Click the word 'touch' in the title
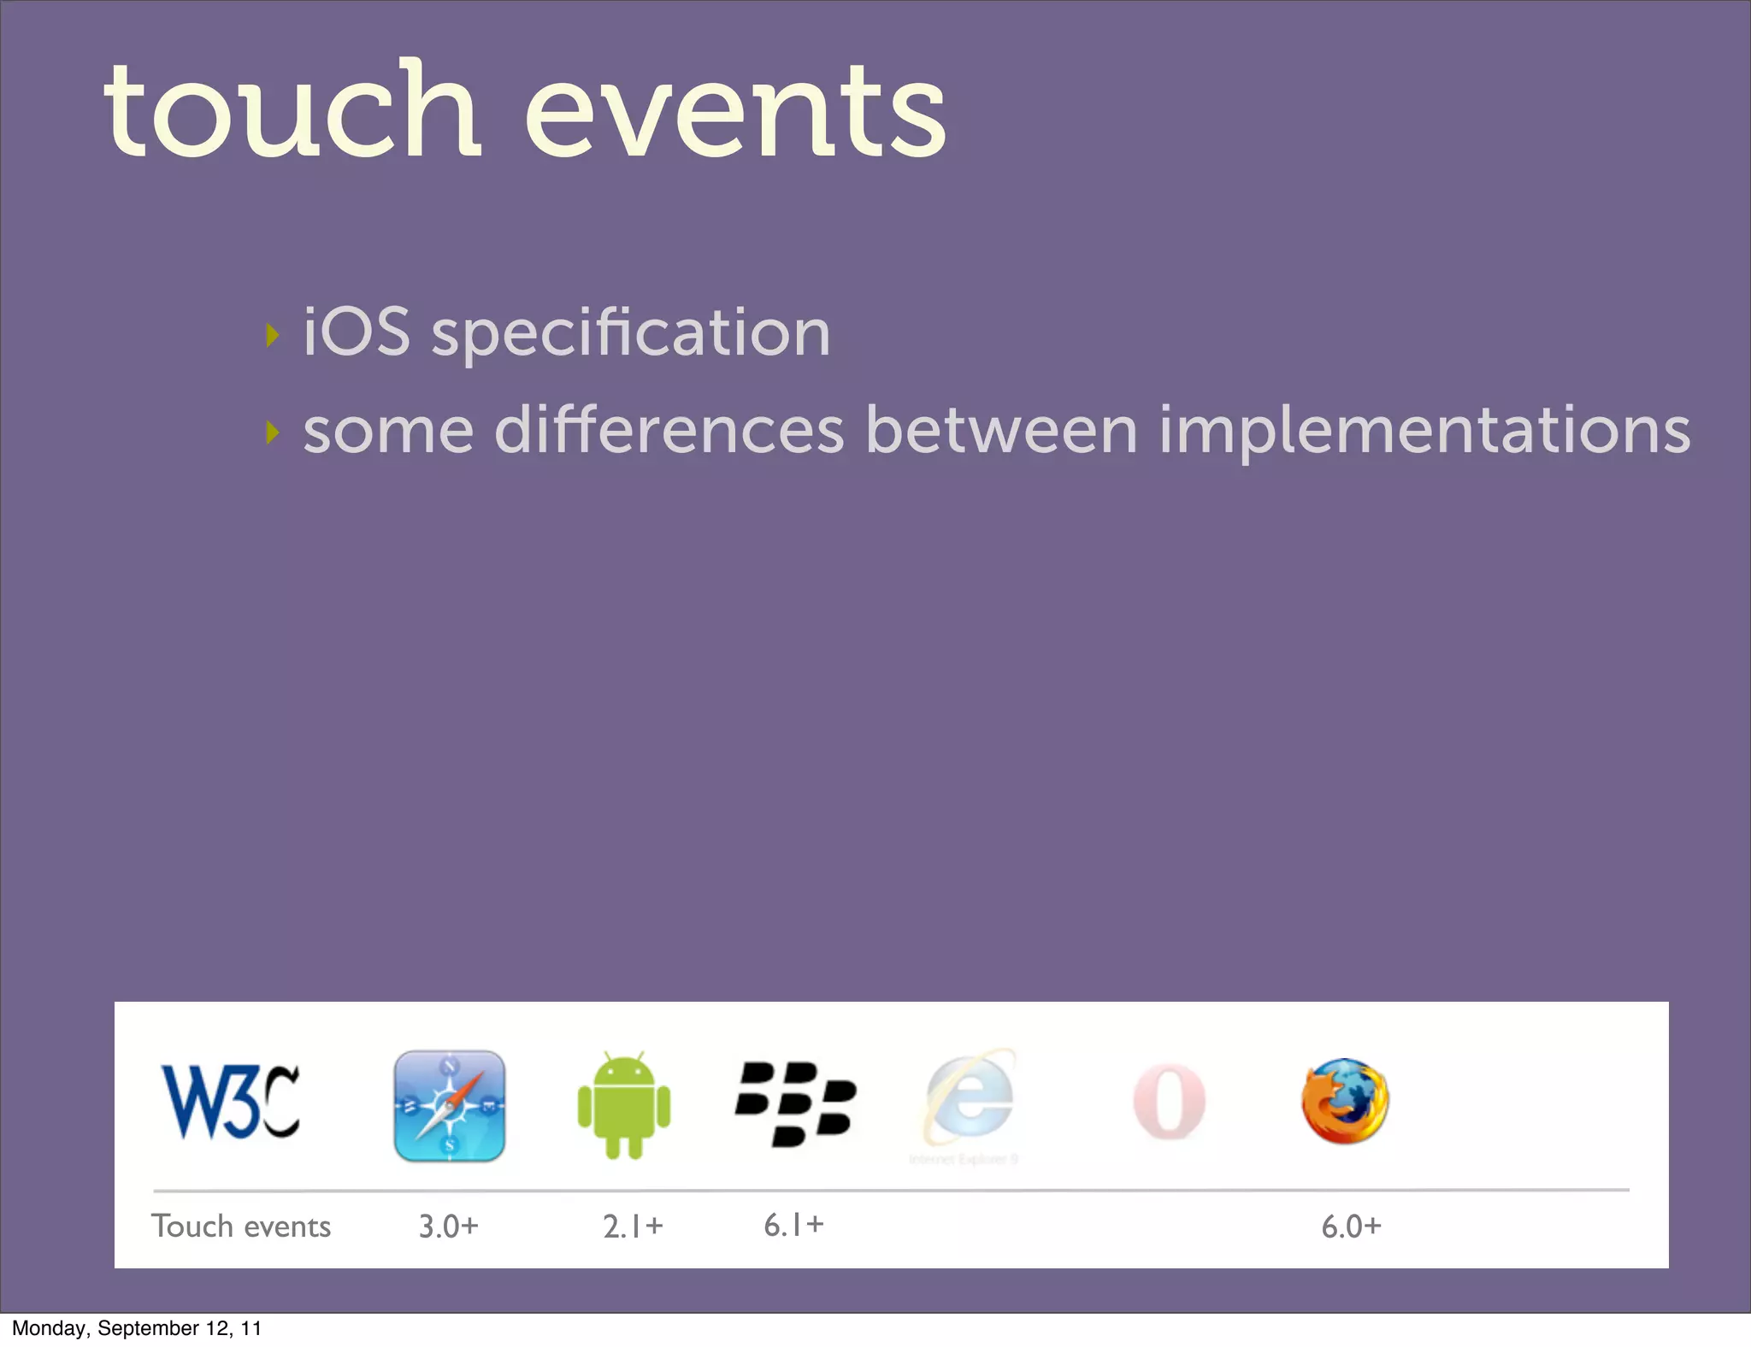coord(291,111)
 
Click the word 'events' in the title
coord(735,115)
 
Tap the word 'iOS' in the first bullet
coord(357,332)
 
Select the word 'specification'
coord(631,335)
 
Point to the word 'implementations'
coord(1424,432)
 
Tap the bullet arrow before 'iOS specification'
coord(272,335)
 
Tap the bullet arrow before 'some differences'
coord(272,432)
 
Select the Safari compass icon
coord(449,1105)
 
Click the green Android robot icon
coord(624,1105)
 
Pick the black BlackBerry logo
coord(795,1103)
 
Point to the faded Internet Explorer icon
coord(969,1103)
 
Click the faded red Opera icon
coord(1169,1102)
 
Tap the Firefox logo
coord(1345,1101)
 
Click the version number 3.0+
coord(448,1226)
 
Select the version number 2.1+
coord(633,1226)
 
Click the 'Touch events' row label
coord(241,1226)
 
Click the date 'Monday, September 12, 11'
coord(137,1328)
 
